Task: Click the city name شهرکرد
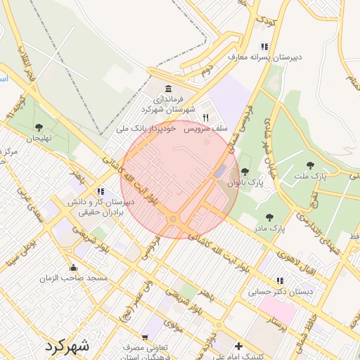coord(67,345)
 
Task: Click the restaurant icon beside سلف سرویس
coord(205,117)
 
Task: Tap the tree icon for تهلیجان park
coord(39,127)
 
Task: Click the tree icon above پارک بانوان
coord(245,171)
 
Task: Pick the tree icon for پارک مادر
coord(270,217)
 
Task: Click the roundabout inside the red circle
coord(173,219)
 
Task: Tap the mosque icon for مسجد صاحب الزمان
coord(74,267)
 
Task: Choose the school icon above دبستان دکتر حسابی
coord(281,281)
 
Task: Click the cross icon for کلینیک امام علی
coord(239,346)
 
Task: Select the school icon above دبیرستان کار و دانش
coord(101,191)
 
